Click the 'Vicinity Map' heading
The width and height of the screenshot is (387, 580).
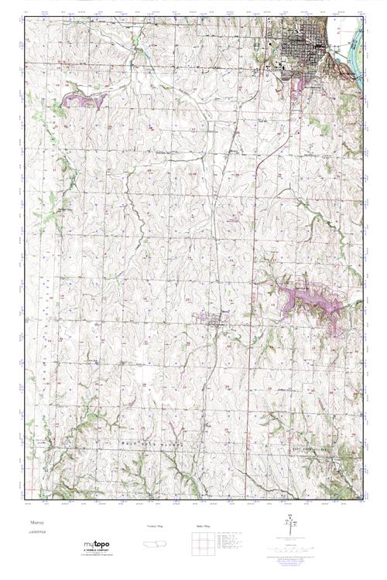[x=155, y=526]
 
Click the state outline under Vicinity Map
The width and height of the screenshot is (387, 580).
[x=155, y=544]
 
